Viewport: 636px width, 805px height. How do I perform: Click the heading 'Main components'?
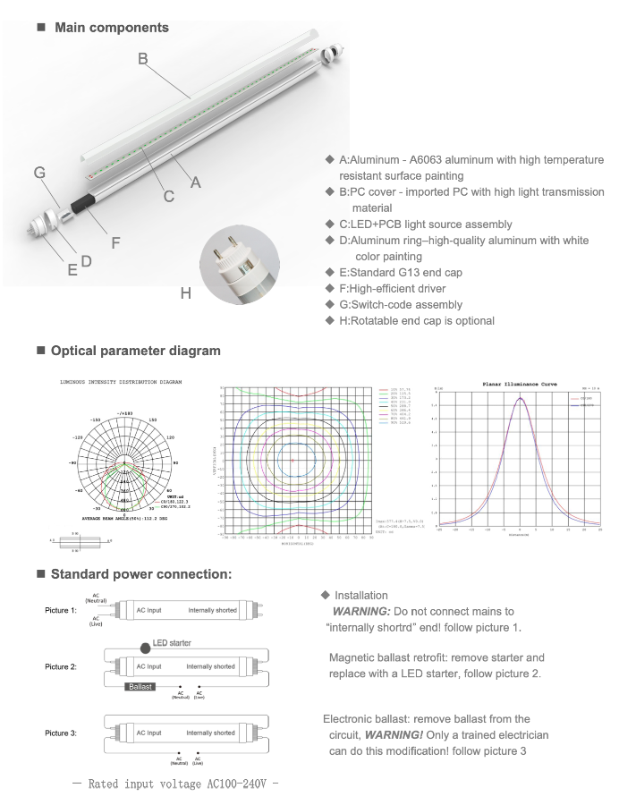coord(111,28)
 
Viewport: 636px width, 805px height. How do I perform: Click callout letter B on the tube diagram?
coord(142,59)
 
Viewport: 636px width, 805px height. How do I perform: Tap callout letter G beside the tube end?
coord(39,173)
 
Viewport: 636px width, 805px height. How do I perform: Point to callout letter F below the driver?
coord(114,241)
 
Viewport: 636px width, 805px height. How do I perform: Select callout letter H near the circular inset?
coord(185,292)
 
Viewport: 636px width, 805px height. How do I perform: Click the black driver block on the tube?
coord(85,202)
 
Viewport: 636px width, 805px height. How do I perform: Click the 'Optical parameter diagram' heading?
coord(135,351)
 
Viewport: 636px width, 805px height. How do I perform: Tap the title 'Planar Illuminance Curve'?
coord(519,384)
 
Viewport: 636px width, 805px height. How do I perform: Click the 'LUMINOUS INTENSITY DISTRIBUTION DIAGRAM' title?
coord(121,382)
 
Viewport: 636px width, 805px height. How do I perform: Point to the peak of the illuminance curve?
coord(520,398)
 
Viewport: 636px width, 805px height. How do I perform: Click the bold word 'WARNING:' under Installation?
coord(361,612)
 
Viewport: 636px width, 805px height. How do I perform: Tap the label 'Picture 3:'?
coord(61,733)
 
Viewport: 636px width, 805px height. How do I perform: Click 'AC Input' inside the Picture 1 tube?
coord(148,611)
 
